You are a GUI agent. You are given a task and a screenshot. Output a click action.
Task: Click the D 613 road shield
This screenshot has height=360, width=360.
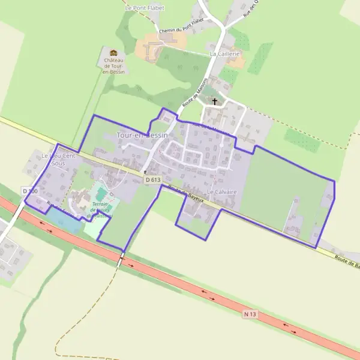click(153, 179)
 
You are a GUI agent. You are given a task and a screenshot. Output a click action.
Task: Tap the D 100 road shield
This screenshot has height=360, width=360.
click(30, 191)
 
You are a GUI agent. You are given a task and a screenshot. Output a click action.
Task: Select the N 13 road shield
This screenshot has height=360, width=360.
click(251, 313)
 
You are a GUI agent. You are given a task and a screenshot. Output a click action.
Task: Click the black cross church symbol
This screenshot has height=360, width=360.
click(215, 102)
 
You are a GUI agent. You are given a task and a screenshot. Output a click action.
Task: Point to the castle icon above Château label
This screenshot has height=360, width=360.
click(113, 53)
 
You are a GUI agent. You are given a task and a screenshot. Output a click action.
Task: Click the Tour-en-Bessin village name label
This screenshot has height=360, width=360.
click(142, 136)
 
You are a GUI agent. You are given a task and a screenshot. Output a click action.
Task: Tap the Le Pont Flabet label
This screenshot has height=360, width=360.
click(145, 8)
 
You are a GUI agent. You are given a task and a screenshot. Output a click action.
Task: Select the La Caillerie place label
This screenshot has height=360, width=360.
click(224, 53)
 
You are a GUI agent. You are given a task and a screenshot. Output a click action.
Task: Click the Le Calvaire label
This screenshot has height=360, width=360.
click(222, 191)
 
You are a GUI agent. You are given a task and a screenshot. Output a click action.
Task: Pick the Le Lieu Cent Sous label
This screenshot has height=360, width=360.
click(58, 159)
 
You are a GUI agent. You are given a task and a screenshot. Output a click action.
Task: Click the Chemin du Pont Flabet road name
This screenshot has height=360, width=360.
click(182, 25)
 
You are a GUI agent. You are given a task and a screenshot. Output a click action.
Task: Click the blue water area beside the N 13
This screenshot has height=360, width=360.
click(62, 220)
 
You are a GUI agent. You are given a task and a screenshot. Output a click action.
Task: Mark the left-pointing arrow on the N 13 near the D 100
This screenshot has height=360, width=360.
click(44, 223)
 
